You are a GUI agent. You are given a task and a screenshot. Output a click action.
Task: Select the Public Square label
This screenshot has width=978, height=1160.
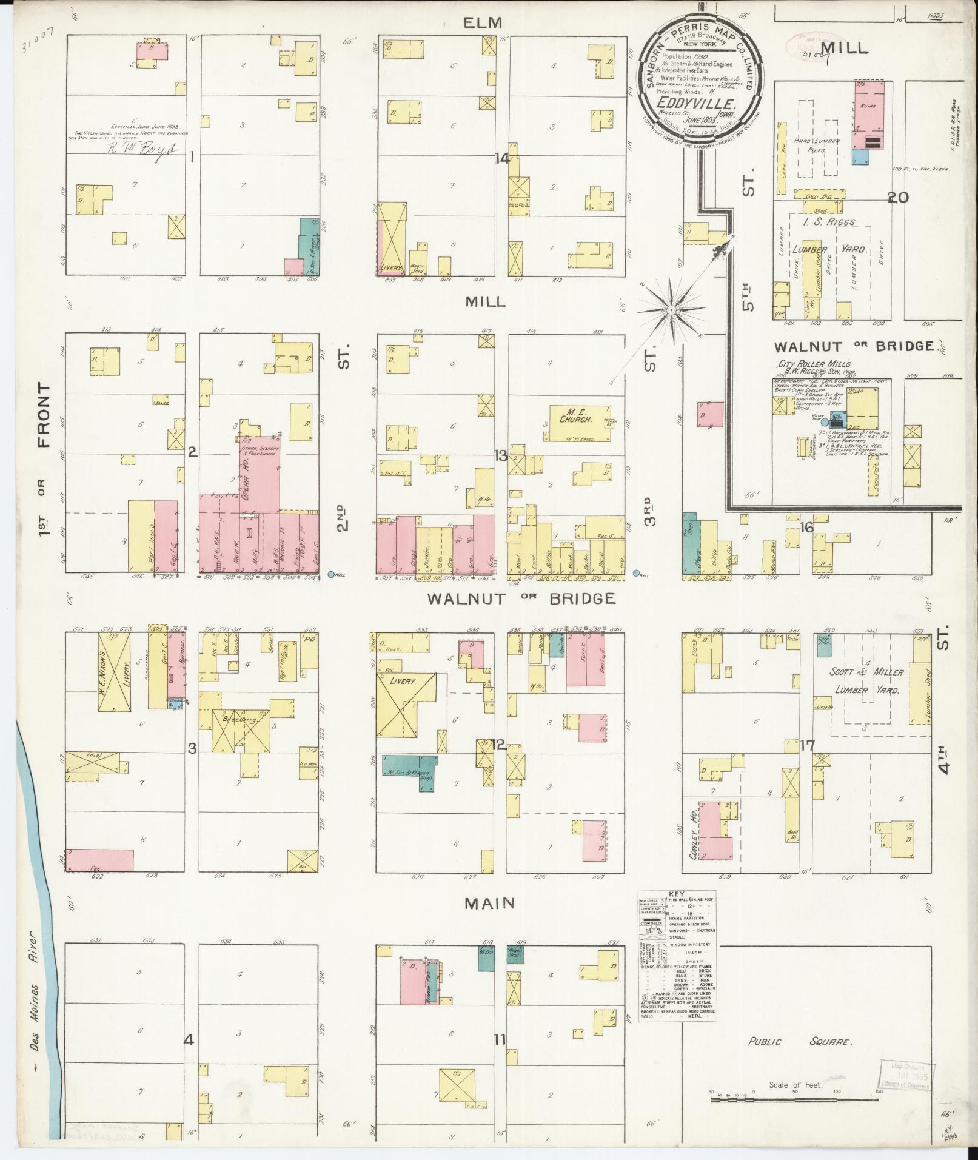point(799,1042)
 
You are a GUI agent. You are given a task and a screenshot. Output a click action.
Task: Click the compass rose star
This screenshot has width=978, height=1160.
point(671,310)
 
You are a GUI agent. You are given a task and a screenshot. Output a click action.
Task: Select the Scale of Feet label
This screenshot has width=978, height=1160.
point(796,1085)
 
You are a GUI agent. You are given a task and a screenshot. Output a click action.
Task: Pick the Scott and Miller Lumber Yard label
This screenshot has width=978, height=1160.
point(867,681)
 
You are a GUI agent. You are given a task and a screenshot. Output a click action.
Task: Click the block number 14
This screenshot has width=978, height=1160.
point(502,159)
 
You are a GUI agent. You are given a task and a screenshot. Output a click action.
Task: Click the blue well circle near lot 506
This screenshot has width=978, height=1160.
point(331,574)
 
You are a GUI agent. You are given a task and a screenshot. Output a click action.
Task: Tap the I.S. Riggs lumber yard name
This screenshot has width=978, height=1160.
point(828,222)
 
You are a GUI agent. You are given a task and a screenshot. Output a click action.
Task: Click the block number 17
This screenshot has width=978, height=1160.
point(806,745)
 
